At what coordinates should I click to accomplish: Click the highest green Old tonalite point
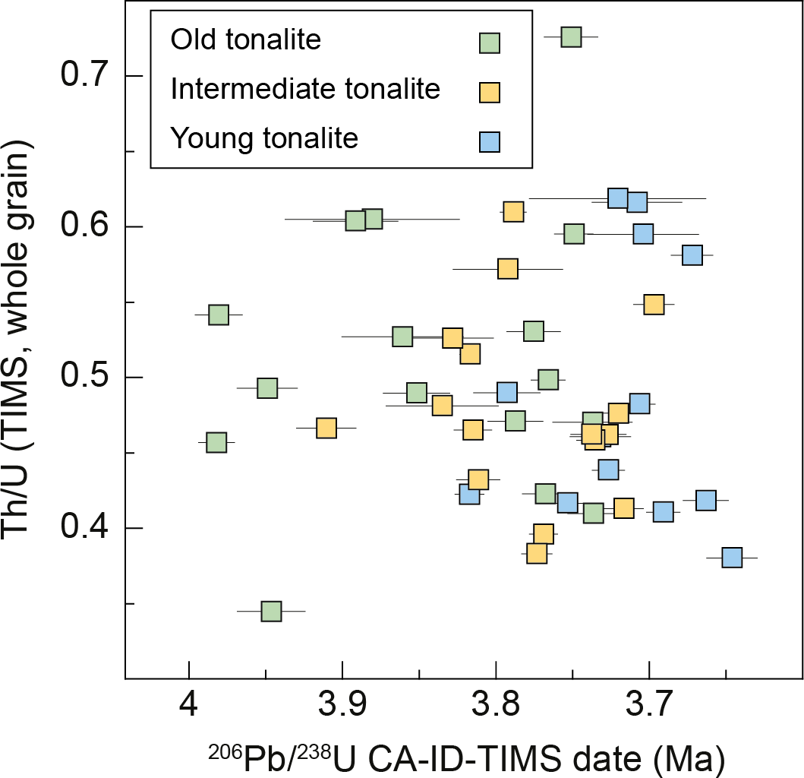[571, 36]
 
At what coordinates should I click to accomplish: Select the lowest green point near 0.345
[271, 611]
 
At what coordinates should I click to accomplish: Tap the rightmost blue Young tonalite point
[732, 558]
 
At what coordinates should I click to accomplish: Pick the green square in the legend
[490, 43]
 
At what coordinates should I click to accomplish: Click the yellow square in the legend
[490, 92]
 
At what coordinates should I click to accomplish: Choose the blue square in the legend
[490, 141]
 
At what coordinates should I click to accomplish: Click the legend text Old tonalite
[246, 39]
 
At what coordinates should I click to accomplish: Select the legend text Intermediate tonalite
[305, 89]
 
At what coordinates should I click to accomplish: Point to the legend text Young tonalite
[264, 138]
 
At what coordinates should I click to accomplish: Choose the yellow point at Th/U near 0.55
[654, 305]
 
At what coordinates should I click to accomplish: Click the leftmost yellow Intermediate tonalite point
[326, 429]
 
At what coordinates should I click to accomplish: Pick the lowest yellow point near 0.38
[537, 553]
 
